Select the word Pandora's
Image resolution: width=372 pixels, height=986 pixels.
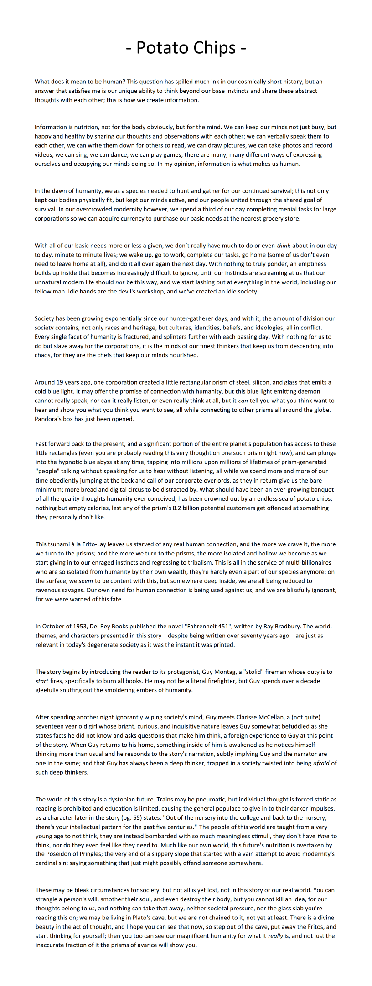[49, 419]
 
